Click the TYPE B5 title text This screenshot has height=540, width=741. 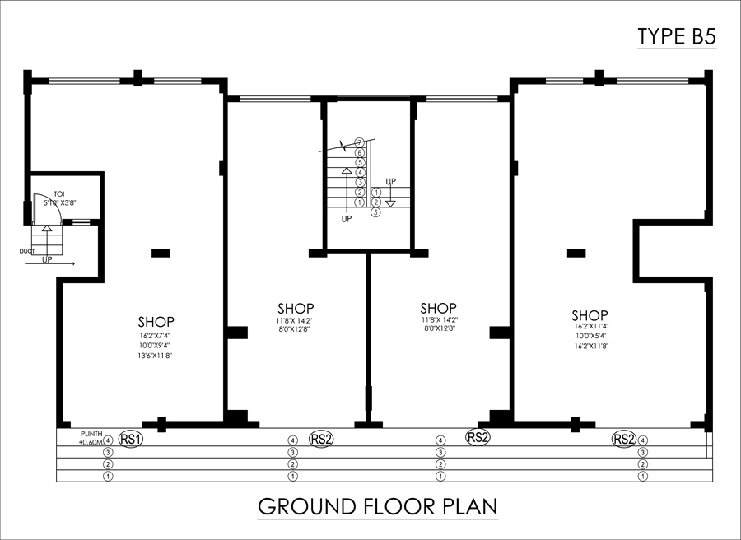click(676, 36)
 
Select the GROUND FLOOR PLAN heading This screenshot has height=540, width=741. click(378, 505)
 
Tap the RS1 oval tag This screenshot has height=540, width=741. click(131, 439)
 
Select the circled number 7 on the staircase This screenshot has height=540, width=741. click(360, 143)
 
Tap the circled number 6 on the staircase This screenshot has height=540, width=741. click(360, 153)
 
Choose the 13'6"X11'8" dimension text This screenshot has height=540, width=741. click(156, 356)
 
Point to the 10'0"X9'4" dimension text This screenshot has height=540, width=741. click(156, 346)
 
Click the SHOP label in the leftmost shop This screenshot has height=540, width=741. click(156, 321)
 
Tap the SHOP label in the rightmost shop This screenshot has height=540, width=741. click(590, 315)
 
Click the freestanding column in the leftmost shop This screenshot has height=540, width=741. click(161, 252)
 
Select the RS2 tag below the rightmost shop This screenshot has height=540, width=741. click(624, 439)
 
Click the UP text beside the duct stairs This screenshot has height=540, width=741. click(48, 258)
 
